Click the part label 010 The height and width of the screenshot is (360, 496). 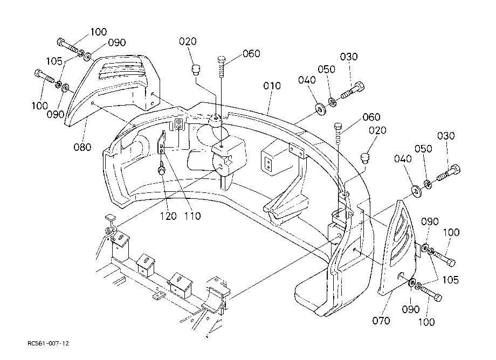click(272, 86)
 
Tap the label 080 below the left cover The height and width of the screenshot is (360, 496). click(82, 147)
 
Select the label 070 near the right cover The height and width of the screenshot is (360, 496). click(381, 321)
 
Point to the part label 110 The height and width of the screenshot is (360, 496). click(192, 216)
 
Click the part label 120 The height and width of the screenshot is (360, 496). click(168, 216)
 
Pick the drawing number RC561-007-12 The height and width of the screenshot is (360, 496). click(48, 343)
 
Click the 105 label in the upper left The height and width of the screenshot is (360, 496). click(54, 61)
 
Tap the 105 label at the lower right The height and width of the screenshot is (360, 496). click(451, 280)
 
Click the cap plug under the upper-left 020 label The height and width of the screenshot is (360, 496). click(196, 70)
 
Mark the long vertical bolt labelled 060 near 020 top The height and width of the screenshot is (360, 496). click(222, 66)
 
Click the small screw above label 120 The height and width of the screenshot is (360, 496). click(162, 169)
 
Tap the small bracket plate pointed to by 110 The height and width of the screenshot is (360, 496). click(162, 143)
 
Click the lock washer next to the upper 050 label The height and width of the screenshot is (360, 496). click(332, 102)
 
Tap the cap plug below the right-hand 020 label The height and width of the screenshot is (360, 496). click(366, 158)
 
